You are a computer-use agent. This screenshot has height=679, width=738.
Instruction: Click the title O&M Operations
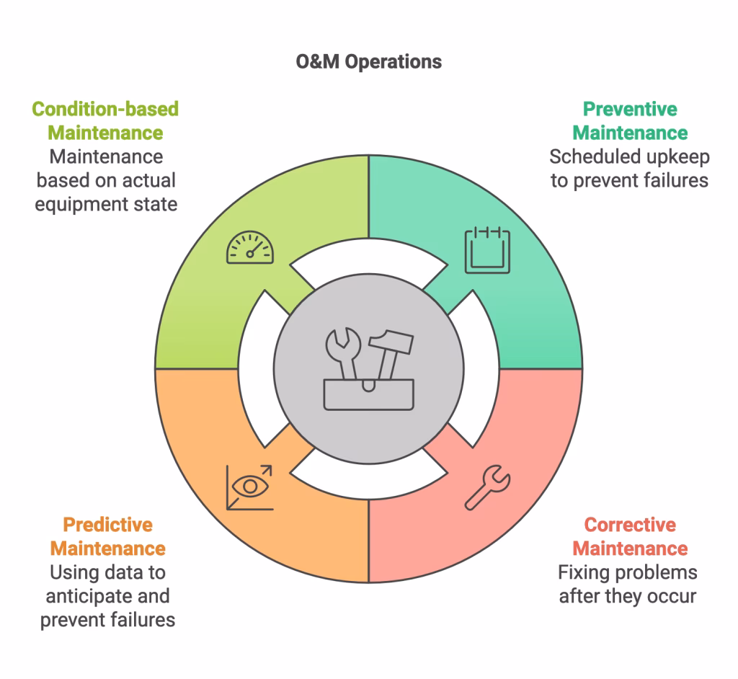(x=368, y=62)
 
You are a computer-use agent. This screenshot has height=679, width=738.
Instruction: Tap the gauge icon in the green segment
(x=250, y=247)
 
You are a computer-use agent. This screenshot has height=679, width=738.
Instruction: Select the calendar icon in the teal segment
(x=487, y=250)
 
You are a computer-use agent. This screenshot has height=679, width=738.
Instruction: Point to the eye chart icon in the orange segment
(x=249, y=487)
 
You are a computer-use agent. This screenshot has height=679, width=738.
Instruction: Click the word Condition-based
(x=105, y=110)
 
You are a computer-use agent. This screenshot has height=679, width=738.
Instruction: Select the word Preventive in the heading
(x=630, y=110)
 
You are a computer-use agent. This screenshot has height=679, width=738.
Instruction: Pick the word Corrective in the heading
(x=630, y=525)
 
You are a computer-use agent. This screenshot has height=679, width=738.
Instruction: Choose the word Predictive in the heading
(x=107, y=525)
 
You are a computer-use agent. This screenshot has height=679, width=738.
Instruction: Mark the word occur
(x=674, y=596)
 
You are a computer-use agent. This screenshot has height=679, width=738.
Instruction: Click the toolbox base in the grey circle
(x=368, y=395)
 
